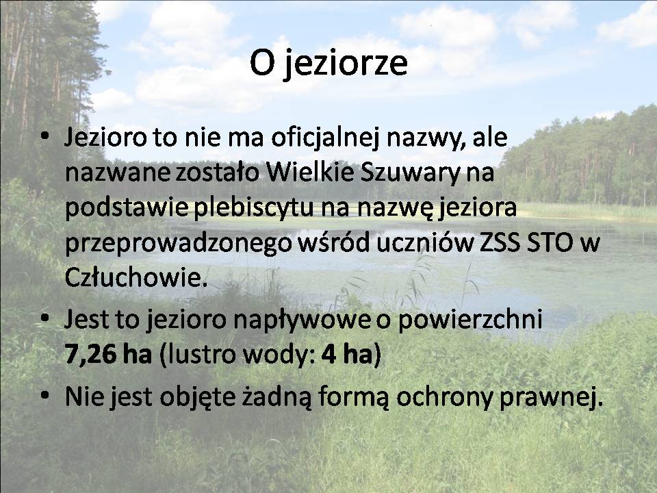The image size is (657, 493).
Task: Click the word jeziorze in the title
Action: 345,64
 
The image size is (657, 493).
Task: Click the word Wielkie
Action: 311,173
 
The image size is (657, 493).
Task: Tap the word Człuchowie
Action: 136,277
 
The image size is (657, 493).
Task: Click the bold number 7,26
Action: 90,354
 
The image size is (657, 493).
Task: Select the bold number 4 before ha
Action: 329,354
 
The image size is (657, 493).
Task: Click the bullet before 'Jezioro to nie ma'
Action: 45,136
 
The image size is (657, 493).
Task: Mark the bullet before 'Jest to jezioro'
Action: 45,318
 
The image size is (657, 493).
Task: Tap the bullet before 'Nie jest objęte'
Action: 45,395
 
